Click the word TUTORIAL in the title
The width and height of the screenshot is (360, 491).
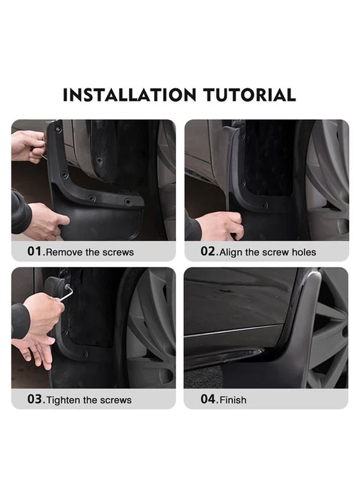click(x=250, y=95)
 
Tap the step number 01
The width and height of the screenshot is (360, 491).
click(x=35, y=252)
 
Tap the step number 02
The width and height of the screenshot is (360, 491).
click(x=209, y=252)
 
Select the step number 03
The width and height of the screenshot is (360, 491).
click(x=35, y=399)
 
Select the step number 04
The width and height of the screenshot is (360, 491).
click(x=209, y=399)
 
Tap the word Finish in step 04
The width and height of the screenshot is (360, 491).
click(x=233, y=400)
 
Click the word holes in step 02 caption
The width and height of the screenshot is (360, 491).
click(x=304, y=253)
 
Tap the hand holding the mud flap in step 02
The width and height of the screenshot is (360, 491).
click(x=220, y=225)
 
